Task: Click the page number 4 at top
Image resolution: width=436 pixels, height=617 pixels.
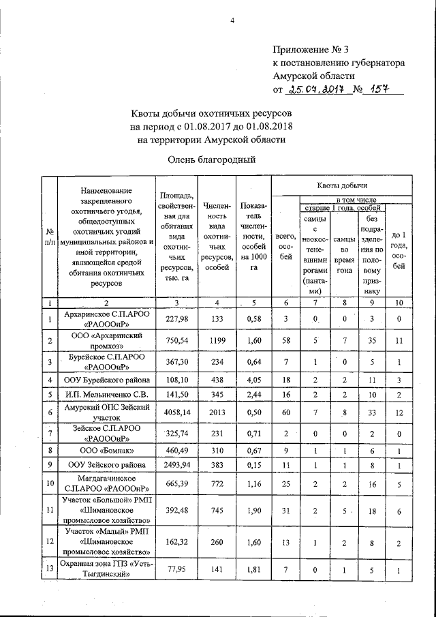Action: (232, 20)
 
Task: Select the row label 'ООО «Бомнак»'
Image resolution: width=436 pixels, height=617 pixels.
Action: (104, 451)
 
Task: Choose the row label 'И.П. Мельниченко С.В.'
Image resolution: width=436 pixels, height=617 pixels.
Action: (104, 394)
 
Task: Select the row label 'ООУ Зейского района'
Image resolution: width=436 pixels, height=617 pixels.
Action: (104, 466)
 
